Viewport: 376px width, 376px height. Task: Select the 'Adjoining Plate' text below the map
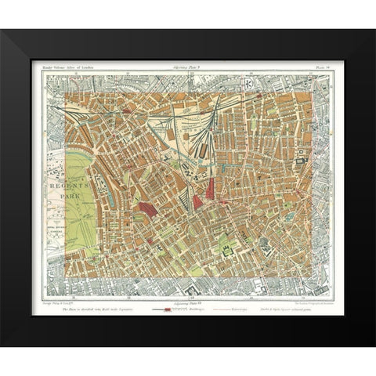(x=188, y=301)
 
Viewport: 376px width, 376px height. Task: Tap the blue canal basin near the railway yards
(x=188, y=164)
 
